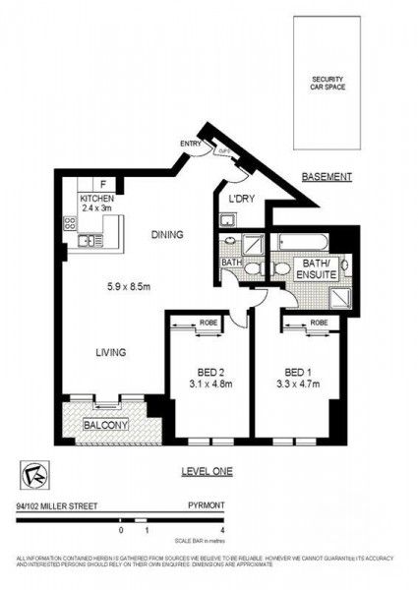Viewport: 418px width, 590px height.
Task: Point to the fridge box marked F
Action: point(103,184)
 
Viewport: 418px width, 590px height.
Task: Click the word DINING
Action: point(168,235)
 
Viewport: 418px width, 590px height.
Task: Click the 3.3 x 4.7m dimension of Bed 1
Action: point(301,385)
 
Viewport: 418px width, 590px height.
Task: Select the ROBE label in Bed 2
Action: point(207,322)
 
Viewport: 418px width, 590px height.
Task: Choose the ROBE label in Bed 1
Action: point(318,322)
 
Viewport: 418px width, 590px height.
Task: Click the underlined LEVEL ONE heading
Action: point(207,471)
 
